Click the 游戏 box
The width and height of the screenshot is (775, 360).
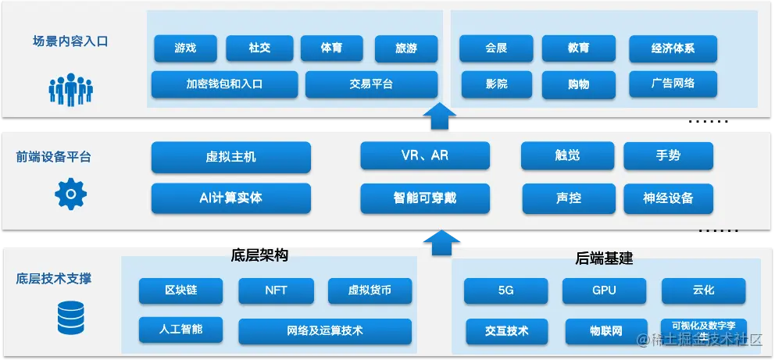185,48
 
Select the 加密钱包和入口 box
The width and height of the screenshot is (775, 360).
224,84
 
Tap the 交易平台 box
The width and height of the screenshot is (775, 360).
371,84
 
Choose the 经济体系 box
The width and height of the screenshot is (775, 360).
673,48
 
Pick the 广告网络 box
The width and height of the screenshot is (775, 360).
673,84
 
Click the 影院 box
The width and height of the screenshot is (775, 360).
496,84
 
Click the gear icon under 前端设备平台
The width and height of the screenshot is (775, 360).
70,194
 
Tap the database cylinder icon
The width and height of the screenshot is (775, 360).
70,318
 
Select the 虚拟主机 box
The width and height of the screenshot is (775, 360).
230,157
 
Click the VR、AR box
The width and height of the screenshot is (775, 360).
425,155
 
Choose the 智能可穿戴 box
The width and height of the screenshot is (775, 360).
425,198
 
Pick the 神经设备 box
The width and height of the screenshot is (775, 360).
668,198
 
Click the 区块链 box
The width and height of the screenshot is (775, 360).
180,290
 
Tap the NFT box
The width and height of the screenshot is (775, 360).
276,290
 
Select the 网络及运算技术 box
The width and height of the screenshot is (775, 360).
325,330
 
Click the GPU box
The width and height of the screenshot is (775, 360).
604,290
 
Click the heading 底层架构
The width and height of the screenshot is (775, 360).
260,255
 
